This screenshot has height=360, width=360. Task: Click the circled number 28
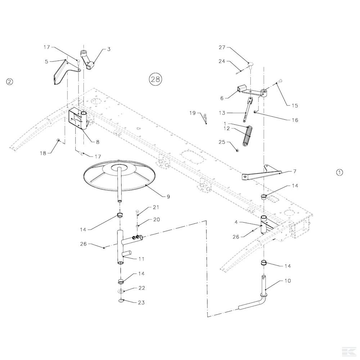click(x=156, y=79)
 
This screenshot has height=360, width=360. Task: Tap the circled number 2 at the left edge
click(x=9, y=82)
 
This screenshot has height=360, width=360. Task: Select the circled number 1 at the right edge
click(x=339, y=172)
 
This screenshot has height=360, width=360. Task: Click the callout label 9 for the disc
click(x=168, y=197)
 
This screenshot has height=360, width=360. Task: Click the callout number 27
click(x=222, y=47)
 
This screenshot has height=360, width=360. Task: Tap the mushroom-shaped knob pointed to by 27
click(x=251, y=64)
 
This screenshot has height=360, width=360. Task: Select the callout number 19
click(x=192, y=113)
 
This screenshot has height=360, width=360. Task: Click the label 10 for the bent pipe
click(x=287, y=280)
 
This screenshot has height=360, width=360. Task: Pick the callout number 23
click(x=141, y=303)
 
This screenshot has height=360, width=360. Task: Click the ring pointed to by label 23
click(x=121, y=301)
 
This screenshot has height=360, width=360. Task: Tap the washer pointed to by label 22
click(x=121, y=291)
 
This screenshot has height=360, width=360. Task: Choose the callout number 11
click(x=141, y=259)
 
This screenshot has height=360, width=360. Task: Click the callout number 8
click(x=98, y=142)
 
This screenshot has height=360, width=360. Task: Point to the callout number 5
click(x=46, y=62)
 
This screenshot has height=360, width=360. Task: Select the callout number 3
click(x=109, y=49)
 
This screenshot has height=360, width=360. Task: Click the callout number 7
click(x=294, y=171)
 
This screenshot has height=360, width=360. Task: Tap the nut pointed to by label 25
click(x=237, y=150)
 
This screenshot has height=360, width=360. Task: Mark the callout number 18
click(x=43, y=153)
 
